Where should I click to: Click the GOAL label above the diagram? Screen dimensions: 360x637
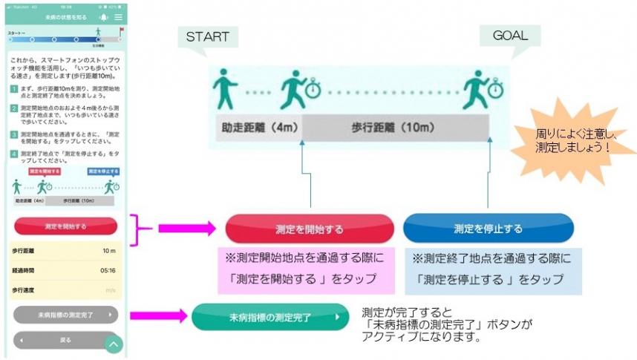click(x=510, y=35)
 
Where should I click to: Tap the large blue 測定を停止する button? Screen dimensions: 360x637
click(x=488, y=229)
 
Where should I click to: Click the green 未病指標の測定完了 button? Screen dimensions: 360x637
click(x=269, y=317)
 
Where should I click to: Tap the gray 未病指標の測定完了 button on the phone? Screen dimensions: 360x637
click(x=65, y=315)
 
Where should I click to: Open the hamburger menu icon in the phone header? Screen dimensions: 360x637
click(x=118, y=16)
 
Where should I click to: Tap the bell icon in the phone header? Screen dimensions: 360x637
click(x=102, y=16)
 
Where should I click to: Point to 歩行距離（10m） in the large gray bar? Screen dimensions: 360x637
click(x=393, y=127)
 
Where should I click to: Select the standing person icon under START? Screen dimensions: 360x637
click(x=223, y=88)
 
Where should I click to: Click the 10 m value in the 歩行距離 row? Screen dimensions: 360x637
click(x=108, y=251)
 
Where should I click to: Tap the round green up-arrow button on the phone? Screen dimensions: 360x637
click(x=114, y=344)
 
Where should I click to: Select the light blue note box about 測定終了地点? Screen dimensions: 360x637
click(x=492, y=269)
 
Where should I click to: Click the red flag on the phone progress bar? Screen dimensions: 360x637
click(x=120, y=32)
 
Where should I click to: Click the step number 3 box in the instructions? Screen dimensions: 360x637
click(x=13, y=135)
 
